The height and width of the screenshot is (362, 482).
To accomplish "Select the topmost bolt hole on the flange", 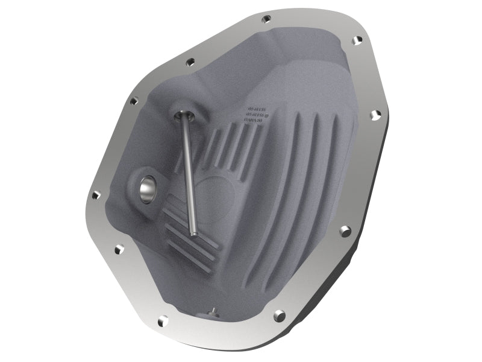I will click(266, 19).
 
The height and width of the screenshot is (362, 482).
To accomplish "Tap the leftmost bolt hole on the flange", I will click(95, 195).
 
